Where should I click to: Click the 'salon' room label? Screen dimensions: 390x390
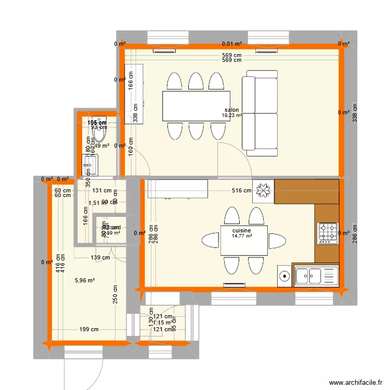point(232,110)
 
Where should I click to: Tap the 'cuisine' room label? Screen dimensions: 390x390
point(242,230)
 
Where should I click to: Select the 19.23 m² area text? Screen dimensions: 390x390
point(232,116)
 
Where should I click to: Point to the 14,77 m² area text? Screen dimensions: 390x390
point(242,236)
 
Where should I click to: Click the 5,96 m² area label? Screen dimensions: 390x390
point(84,281)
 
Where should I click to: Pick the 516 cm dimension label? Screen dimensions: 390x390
point(241,191)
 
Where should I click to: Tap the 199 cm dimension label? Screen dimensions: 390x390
point(88,329)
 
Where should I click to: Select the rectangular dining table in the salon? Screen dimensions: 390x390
point(196,106)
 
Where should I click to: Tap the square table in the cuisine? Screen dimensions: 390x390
point(244,241)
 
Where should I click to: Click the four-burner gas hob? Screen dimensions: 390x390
point(328,233)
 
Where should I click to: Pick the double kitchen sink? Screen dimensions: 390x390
point(316,275)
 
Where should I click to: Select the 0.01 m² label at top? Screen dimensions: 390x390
point(232,45)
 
